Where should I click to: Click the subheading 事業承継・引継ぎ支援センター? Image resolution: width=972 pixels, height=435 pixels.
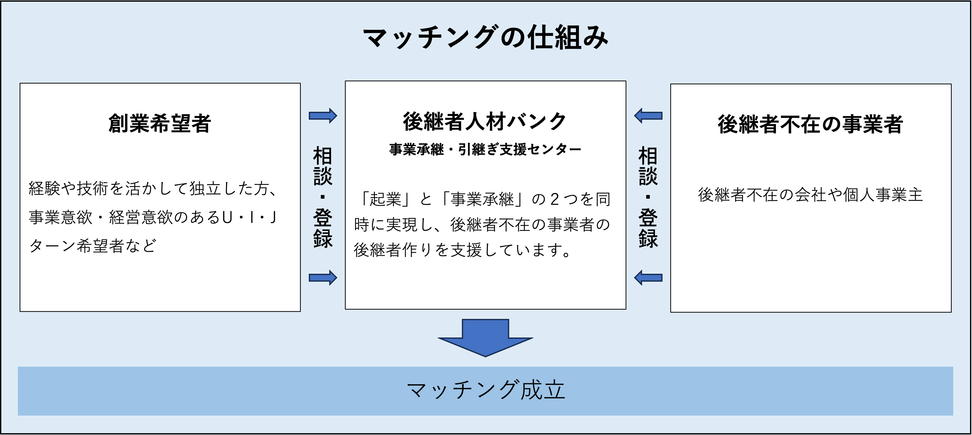(x=485, y=149)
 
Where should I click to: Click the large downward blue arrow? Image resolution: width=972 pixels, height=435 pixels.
(x=485, y=338)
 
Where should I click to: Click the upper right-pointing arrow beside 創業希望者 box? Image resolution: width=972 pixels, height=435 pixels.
(x=323, y=116)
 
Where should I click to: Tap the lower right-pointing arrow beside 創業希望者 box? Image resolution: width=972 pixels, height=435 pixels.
(x=323, y=278)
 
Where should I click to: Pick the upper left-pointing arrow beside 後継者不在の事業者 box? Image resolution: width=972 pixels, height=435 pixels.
(x=648, y=116)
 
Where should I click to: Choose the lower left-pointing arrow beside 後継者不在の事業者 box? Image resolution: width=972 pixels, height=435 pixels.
(x=648, y=278)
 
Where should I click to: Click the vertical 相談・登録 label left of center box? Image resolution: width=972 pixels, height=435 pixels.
(x=323, y=197)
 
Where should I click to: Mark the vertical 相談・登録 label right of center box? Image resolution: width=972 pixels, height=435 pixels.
(x=648, y=197)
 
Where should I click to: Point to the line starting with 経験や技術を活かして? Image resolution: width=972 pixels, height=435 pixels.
(x=153, y=188)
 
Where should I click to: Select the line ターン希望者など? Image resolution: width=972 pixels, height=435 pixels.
(x=92, y=246)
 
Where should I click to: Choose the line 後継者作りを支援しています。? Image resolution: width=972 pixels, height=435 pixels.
(x=463, y=250)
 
